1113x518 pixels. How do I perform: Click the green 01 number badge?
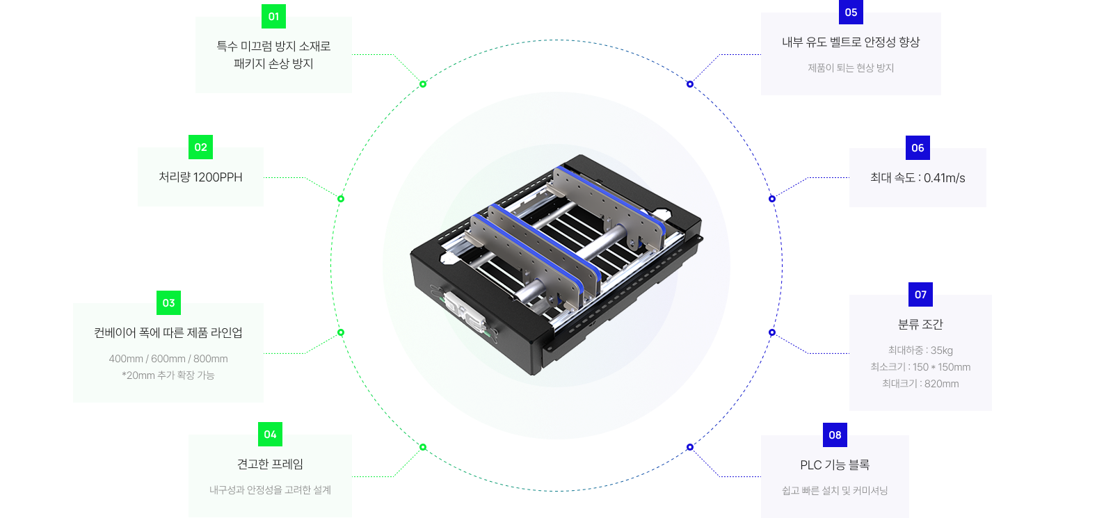(x=273, y=17)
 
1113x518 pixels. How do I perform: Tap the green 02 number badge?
(x=201, y=147)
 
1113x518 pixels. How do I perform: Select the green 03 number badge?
(x=168, y=303)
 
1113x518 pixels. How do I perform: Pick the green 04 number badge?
(x=271, y=435)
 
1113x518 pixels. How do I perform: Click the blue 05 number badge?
(x=851, y=13)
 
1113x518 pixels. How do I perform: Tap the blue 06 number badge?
(x=918, y=147)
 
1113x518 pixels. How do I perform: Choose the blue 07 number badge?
(x=920, y=295)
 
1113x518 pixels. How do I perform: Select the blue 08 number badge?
(x=835, y=435)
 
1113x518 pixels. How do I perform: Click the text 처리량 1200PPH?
(x=201, y=177)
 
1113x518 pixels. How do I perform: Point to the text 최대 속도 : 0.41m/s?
(x=918, y=178)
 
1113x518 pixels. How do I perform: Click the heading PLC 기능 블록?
(x=835, y=465)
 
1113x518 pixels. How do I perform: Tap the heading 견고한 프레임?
(x=271, y=464)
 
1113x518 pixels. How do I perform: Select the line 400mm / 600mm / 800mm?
(x=168, y=359)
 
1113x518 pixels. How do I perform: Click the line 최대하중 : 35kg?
(x=920, y=350)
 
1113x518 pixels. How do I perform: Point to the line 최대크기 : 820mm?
(x=920, y=383)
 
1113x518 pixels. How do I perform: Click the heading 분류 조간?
(x=920, y=324)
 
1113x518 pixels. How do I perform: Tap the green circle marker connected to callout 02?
(x=341, y=199)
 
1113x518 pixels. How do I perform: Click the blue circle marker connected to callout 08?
(x=689, y=447)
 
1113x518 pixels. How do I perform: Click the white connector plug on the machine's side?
(x=465, y=312)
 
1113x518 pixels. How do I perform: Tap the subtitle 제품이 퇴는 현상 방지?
(x=851, y=68)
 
